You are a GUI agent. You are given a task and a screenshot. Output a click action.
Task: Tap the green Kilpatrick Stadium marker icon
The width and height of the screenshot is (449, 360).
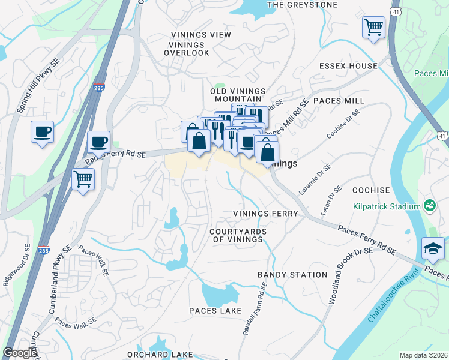click(429, 206)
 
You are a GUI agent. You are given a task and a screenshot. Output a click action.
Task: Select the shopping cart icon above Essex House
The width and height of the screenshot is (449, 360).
click(373, 27)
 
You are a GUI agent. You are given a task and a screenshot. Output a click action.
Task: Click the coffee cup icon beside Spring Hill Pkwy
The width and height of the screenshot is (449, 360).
click(42, 132)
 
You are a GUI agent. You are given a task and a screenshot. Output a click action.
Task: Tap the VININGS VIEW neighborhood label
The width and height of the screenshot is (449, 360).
click(200, 35)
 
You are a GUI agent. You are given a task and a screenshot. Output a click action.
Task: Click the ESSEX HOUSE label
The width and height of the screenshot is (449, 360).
click(348, 66)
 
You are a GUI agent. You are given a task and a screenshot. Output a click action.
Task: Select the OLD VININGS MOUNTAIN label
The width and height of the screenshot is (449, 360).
click(238, 95)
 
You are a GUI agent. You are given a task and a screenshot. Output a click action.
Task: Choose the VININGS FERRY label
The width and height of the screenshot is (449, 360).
click(265, 214)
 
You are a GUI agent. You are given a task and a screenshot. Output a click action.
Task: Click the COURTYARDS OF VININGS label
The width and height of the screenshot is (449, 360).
click(237, 235)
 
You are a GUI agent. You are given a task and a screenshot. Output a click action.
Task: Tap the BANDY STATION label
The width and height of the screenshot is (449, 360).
click(292, 275)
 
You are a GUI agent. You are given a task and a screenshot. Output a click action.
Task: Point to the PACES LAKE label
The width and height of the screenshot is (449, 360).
click(215, 311)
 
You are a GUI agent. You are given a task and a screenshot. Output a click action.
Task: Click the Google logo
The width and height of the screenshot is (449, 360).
click(19, 353)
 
